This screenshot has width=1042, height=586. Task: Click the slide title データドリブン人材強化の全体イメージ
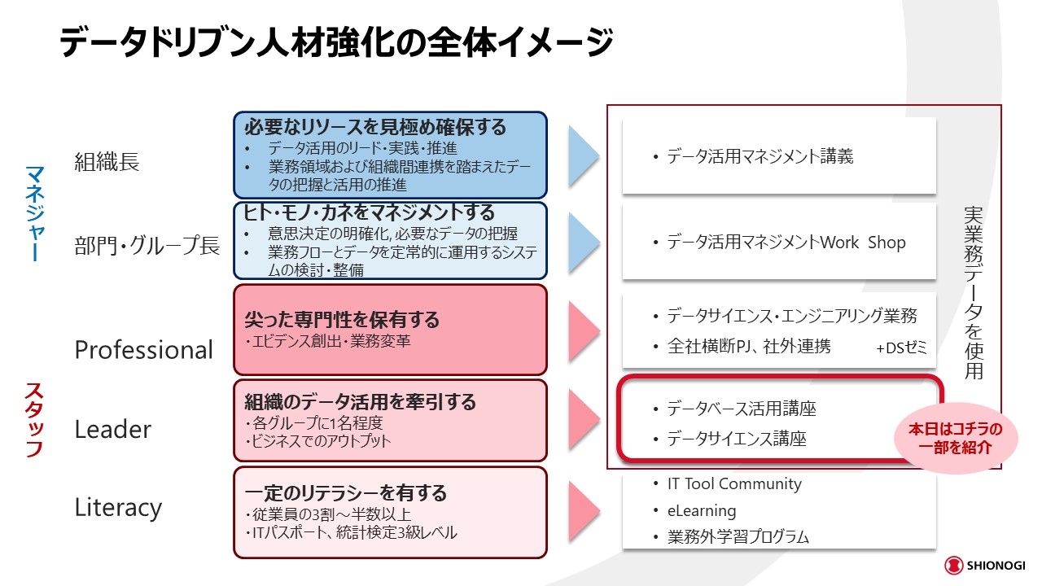[x=335, y=43]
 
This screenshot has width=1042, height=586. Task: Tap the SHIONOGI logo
[x=984, y=566]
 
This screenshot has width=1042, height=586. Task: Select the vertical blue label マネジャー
[x=34, y=213]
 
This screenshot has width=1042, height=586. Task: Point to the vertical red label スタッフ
[x=34, y=420]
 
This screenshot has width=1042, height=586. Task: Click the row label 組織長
[x=107, y=162]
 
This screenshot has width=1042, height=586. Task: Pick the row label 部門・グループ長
[x=147, y=245]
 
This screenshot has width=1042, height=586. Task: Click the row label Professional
[x=143, y=349]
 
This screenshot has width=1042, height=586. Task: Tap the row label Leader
[x=112, y=429]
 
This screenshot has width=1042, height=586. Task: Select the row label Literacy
[x=118, y=507]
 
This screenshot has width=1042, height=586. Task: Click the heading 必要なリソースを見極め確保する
[x=375, y=127]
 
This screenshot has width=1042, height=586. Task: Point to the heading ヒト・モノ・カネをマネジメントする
[x=370, y=212]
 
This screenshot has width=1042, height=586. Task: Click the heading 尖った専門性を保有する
[x=342, y=319]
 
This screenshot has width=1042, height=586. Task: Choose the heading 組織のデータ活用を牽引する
[x=360, y=401]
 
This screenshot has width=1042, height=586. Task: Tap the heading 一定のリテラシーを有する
[x=346, y=492]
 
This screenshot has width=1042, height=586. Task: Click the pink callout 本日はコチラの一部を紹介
[x=956, y=437]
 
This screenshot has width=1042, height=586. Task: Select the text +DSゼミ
[x=901, y=348]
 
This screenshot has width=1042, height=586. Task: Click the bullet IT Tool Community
[x=734, y=483]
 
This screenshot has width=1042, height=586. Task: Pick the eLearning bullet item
[x=702, y=511]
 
